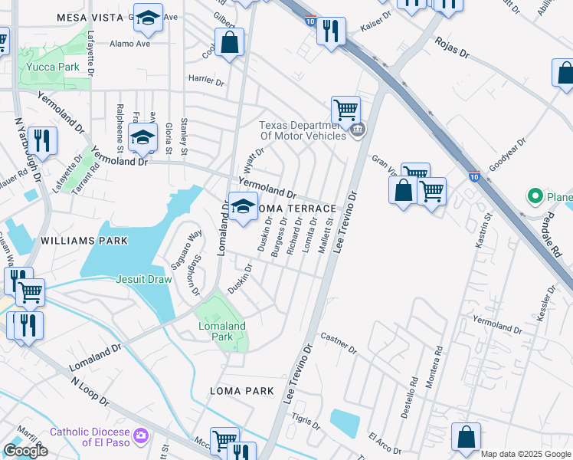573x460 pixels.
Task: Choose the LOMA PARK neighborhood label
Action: (x=242, y=391)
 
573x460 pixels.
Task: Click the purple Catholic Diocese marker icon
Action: (x=140, y=436)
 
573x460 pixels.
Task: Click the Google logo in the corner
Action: (x=25, y=451)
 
